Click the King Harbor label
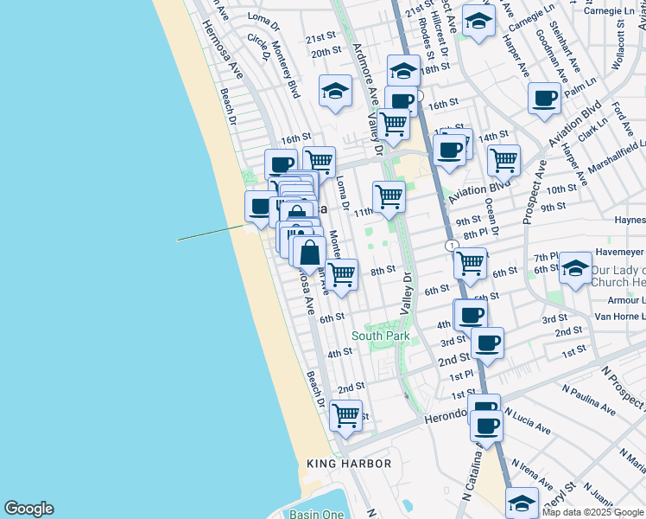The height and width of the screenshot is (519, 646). [x=349, y=464]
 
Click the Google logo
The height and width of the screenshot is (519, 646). [x=28, y=509]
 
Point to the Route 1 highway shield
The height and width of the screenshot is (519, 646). [x=452, y=247]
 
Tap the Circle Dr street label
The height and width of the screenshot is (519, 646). [x=258, y=42]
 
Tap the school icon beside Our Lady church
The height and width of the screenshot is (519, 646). [x=575, y=269]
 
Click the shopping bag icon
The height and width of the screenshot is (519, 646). [x=309, y=253]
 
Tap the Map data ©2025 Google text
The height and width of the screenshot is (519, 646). [x=593, y=512]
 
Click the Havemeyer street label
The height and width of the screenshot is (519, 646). [x=618, y=252]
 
